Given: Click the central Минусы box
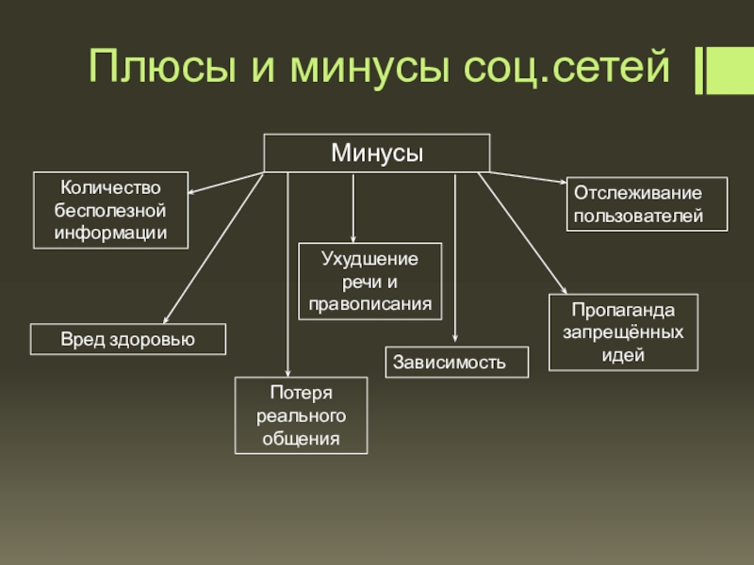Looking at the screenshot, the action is click(376, 153).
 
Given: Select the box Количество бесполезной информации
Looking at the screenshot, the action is click(110, 209).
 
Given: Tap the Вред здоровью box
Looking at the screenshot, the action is click(128, 339).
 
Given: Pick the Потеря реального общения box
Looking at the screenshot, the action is click(301, 415).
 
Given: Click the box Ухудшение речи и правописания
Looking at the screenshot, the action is click(369, 281).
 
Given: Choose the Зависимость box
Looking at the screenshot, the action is click(457, 363).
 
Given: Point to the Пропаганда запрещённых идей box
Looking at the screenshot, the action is click(623, 332).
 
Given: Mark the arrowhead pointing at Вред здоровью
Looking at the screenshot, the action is click(168, 318).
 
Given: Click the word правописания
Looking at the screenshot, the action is click(369, 304).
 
